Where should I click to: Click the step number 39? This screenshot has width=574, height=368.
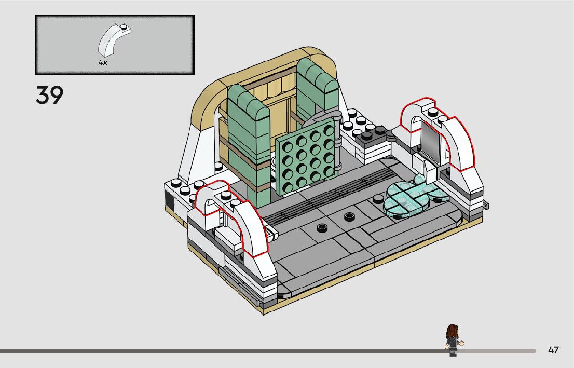[x=49, y=96]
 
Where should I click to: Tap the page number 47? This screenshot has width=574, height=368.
[x=553, y=350]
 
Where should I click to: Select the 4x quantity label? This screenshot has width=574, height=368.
[x=103, y=62]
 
